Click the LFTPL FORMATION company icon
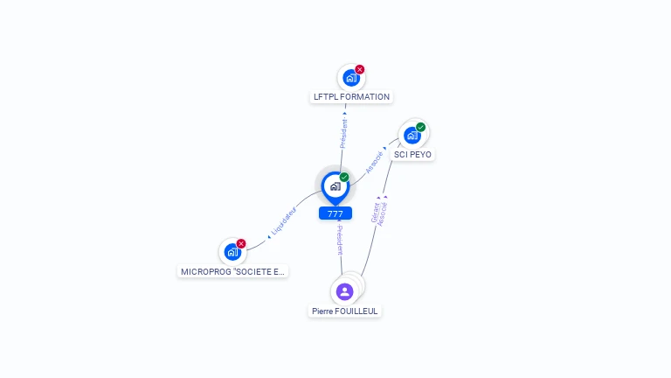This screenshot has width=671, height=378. (350, 77)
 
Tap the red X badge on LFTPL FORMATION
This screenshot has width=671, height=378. (360, 69)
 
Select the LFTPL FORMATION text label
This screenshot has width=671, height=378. (351, 97)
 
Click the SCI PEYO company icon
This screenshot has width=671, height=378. (412, 135)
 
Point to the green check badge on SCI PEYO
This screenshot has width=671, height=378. (421, 127)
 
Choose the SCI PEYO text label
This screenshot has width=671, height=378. (412, 155)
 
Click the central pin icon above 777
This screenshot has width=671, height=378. (335, 185)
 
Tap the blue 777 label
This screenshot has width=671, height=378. (335, 213)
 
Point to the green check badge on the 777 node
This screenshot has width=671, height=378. (344, 178)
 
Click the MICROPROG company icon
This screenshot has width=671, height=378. (232, 252)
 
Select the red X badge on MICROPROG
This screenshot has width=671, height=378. (241, 244)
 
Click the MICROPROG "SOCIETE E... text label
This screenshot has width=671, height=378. (232, 272)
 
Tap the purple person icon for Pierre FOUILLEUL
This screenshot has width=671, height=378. (344, 291)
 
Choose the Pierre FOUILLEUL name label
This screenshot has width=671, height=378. (346, 311)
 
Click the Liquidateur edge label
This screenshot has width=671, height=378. (284, 220)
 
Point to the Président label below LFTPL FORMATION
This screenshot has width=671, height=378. (344, 133)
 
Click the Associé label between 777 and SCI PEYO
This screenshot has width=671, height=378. (374, 162)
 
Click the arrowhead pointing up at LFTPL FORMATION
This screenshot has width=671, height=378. (345, 113)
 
